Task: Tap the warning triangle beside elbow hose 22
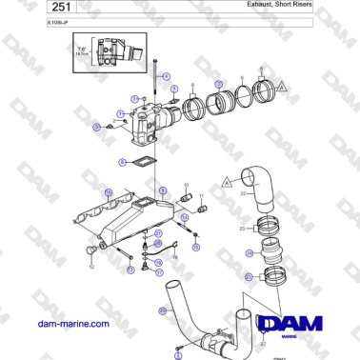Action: click(x=228, y=178)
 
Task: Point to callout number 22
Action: click(x=244, y=193)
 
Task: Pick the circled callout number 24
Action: click(x=249, y=253)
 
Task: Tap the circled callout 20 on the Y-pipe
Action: click(x=162, y=310)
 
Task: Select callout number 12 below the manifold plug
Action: click(x=90, y=268)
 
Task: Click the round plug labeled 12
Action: click(x=91, y=250)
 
